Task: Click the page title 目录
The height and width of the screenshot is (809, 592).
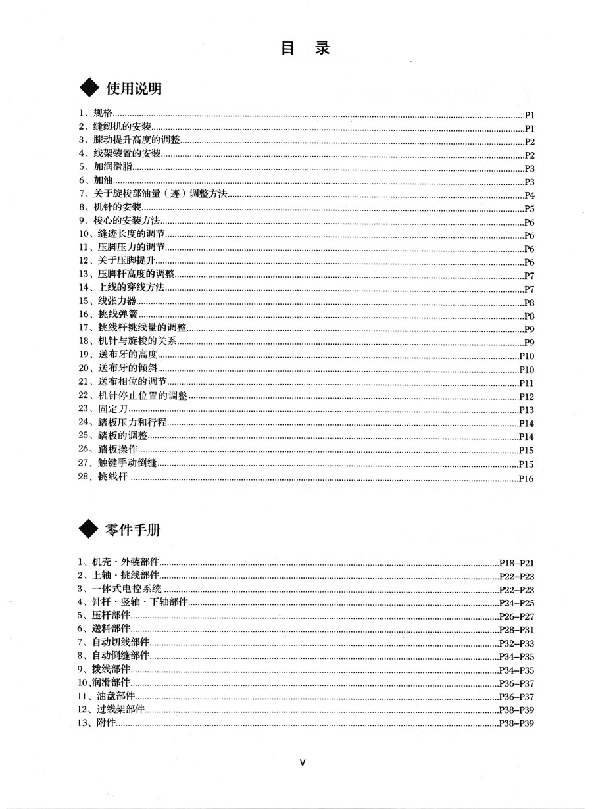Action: click(x=305, y=48)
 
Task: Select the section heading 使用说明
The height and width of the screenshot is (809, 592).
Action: click(x=134, y=89)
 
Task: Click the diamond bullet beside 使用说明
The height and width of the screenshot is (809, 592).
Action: click(x=87, y=89)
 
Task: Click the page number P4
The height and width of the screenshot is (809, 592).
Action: click(x=530, y=195)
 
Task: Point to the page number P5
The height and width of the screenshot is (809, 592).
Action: click(x=530, y=208)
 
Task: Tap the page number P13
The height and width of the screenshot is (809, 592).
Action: click(x=526, y=410)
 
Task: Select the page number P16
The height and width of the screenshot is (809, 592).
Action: click(x=526, y=479)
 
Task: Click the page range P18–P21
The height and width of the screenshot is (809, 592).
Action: click(x=516, y=563)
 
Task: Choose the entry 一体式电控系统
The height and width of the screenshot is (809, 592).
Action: click(x=127, y=589)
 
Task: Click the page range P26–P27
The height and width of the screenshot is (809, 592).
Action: click(x=516, y=616)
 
